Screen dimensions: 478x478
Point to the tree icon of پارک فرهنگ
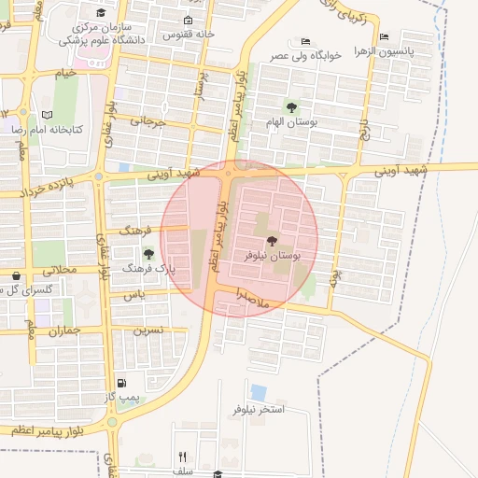point(148,254)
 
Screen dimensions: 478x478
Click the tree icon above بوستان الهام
point(291,108)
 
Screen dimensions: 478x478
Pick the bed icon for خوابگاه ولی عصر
point(306,42)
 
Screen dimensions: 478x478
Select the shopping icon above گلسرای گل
point(17,276)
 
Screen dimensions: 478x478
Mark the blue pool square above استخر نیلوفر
point(259,392)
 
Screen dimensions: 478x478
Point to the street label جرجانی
point(148,121)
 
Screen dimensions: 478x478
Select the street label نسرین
point(148,330)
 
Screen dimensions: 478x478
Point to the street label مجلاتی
point(59,271)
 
